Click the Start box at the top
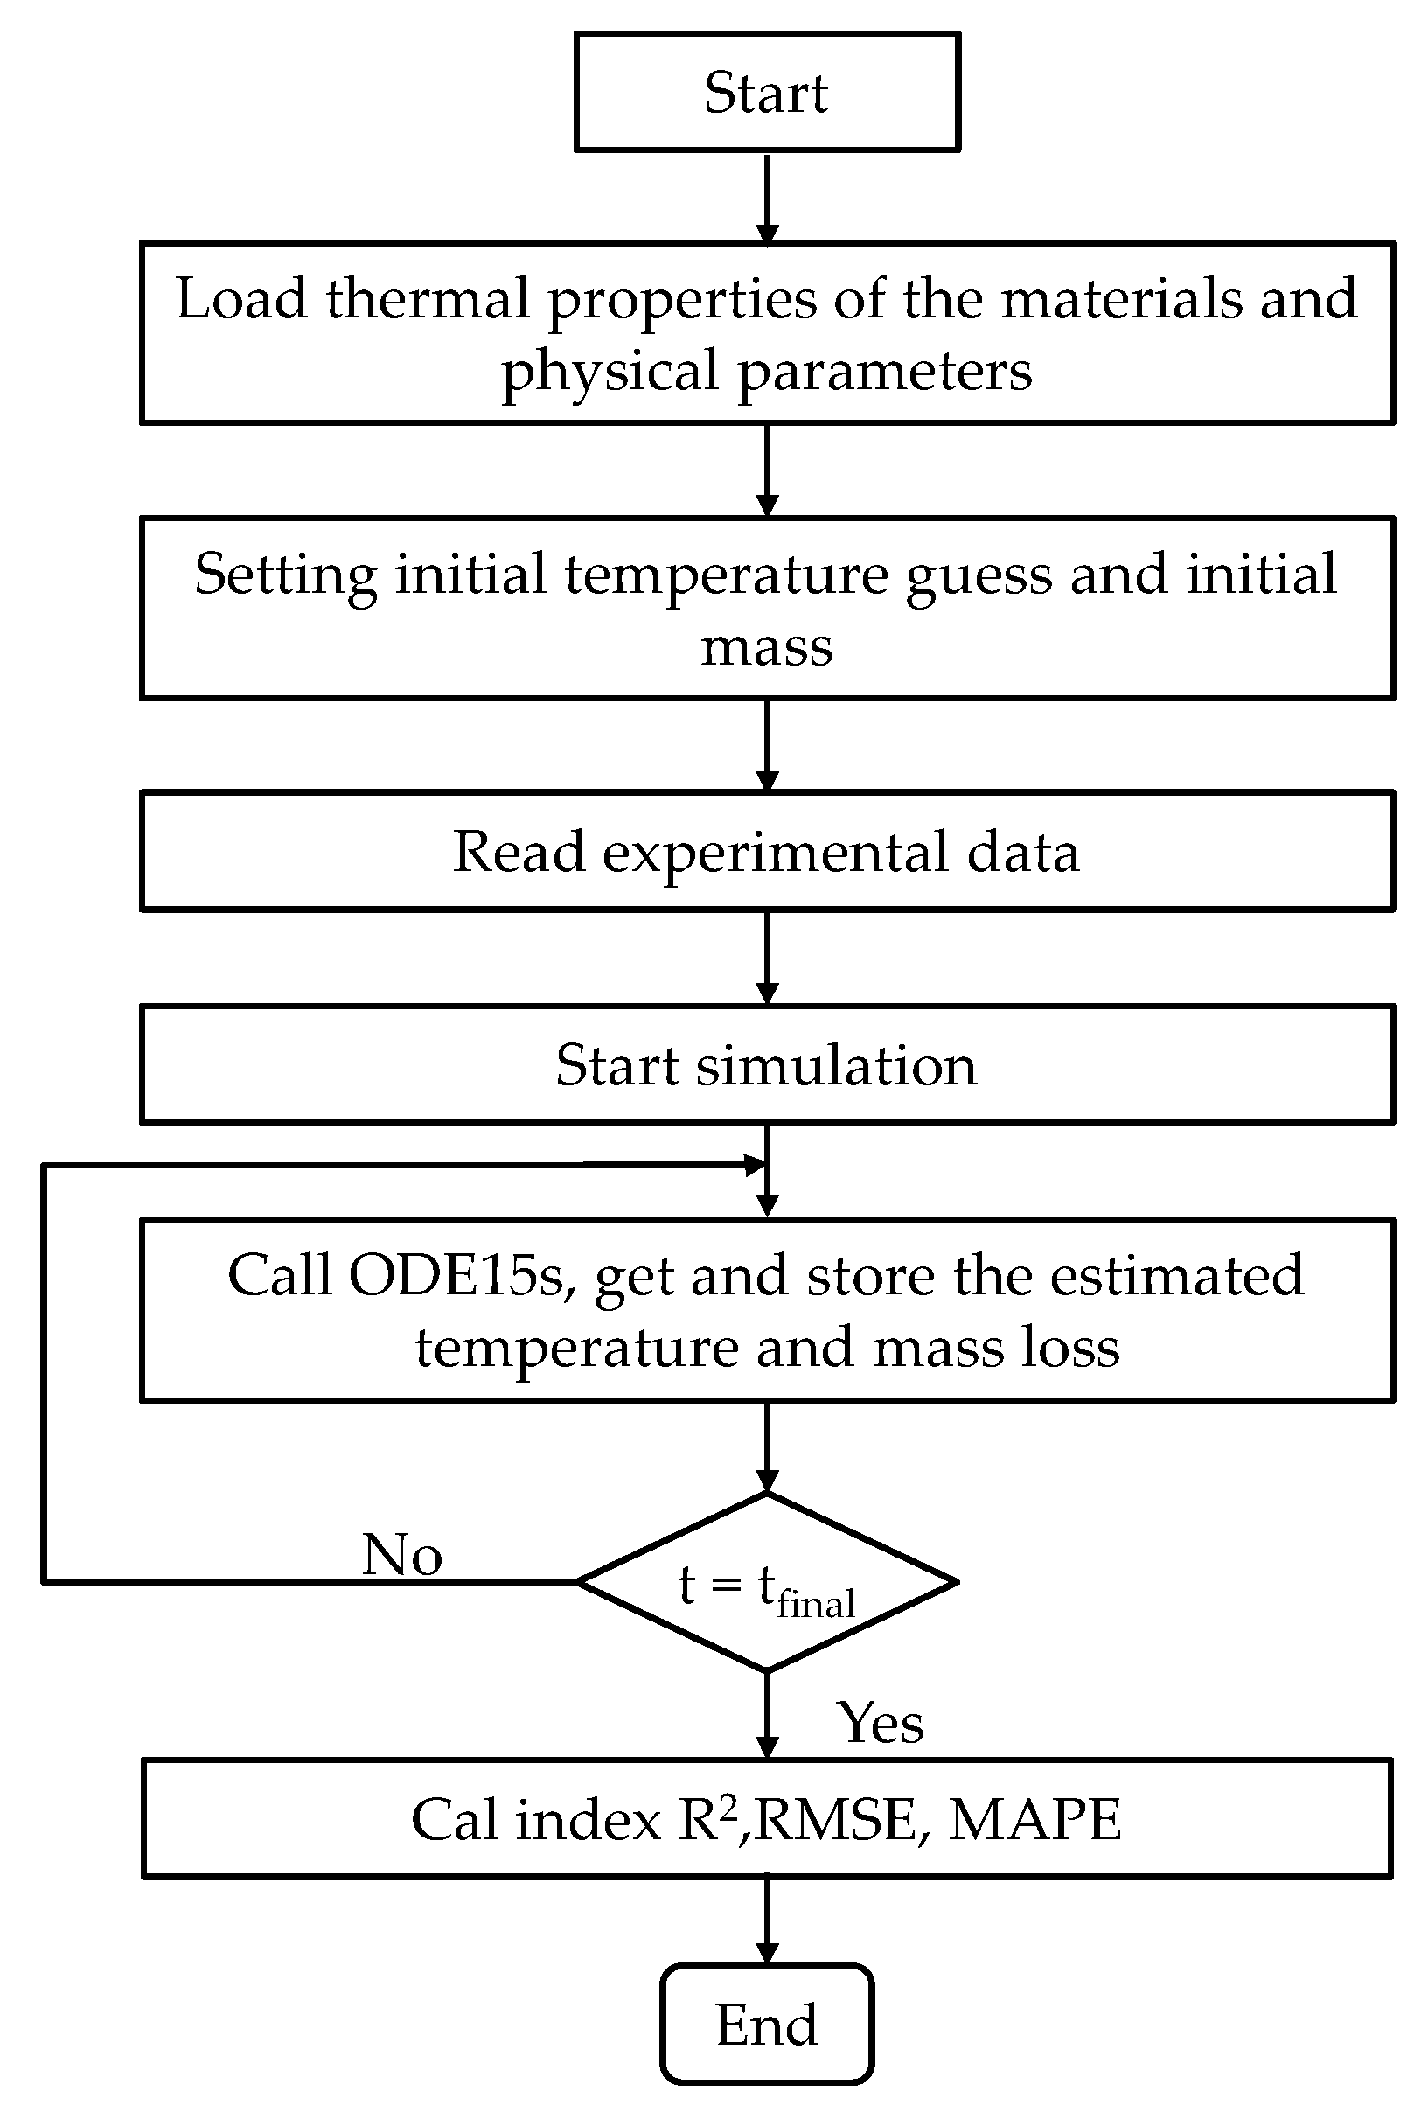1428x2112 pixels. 766,92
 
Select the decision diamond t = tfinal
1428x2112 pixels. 766,1582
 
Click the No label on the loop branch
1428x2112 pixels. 401,1555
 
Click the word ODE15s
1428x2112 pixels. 461,1275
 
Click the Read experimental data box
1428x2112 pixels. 766,852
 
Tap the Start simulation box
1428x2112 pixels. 766,1064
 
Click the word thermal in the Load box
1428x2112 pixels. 428,298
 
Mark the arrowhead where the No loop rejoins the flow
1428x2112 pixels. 755,1164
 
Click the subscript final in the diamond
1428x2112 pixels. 815,1604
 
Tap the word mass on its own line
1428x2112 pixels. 766,648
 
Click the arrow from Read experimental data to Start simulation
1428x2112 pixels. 767,957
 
